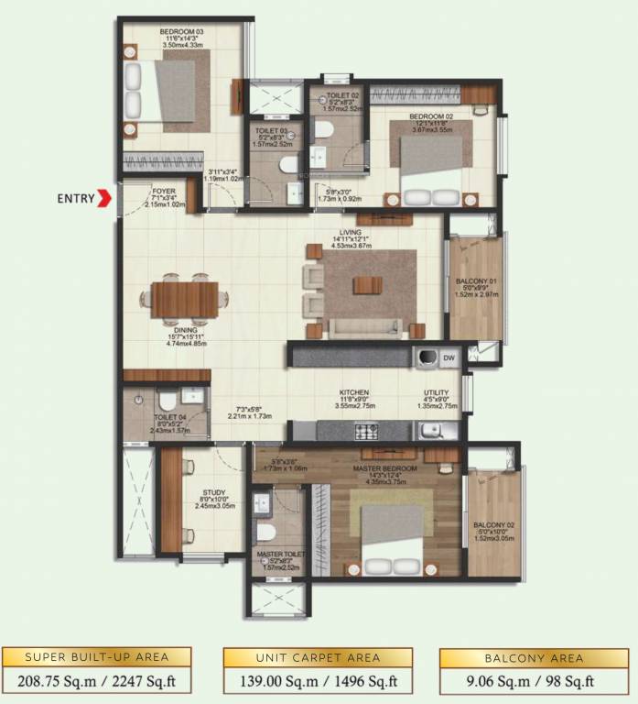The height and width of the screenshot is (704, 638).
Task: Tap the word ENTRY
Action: pos(75,197)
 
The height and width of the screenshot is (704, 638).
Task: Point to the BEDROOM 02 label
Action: pos(432,117)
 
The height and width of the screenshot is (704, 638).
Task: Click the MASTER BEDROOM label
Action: pos(385,469)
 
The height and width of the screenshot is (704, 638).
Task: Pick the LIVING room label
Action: pos(350,233)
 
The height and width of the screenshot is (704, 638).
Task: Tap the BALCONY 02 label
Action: pos(493,527)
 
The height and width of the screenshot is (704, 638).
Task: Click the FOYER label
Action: pos(165,192)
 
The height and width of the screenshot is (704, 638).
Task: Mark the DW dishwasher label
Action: pos(449,357)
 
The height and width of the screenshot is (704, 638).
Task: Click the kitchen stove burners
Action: pos(366,431)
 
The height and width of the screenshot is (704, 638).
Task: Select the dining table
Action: pos(185,299)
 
